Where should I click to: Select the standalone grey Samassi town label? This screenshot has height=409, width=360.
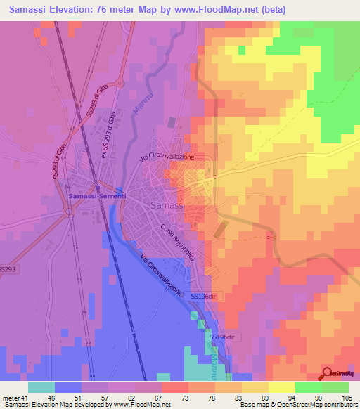(168, 204)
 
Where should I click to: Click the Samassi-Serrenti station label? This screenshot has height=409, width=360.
(97, 196)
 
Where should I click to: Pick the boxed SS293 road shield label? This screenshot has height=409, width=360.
(8, 269)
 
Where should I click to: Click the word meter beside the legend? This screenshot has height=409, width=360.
(11, 397)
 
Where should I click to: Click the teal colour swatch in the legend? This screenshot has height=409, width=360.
(41, 387)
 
